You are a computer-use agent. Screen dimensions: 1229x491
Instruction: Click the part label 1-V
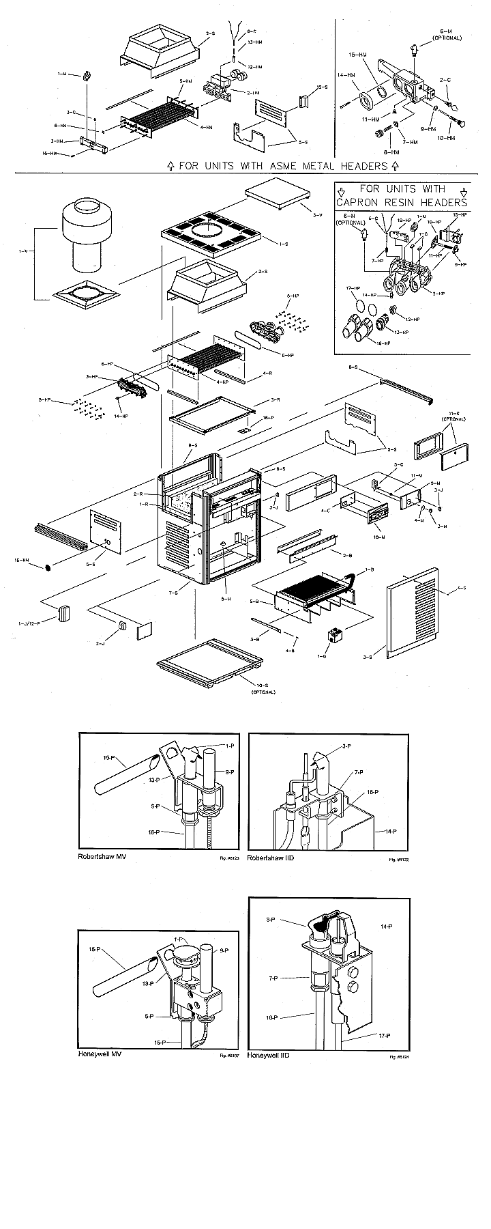[x=23, y=252]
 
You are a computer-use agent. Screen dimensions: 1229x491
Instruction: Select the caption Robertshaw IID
[x=271, y=857]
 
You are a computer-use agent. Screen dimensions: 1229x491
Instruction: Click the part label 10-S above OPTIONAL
[x=259, y=685]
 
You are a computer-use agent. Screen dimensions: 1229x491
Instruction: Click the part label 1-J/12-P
[x=29, y=623]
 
